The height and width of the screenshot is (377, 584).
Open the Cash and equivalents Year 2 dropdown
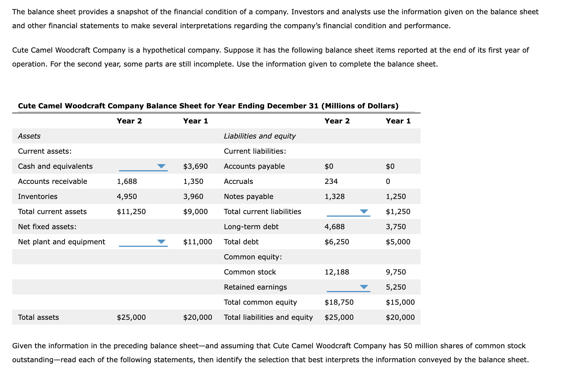pos(143,166)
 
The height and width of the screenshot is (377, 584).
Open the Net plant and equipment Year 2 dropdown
pos(143,242)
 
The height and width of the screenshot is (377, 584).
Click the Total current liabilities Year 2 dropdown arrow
pos(364,212)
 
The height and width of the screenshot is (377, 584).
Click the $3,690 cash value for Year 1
pos(195,166)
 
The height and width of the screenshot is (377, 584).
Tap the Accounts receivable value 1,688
pos(127,182)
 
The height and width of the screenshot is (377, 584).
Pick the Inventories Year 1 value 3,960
pos(193,197)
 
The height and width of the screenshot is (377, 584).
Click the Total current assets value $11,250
pos(131,212)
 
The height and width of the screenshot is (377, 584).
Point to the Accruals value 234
pos(331,182)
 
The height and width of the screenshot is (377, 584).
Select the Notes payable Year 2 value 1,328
pos(334,197)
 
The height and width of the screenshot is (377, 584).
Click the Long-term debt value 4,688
pos(334,227)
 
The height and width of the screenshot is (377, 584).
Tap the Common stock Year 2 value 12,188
pos(337,272)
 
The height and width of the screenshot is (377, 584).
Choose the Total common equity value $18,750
pos(339,302)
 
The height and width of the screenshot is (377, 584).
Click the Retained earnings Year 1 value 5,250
pos(396,287)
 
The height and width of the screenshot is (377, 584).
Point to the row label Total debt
pos(241,242)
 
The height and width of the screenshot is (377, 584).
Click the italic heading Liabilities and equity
pos(259,136)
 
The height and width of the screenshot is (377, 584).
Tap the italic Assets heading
pos(29,136)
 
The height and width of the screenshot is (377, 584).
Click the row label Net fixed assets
pos(47,227)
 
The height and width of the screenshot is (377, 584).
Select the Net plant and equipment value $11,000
pos(197,242)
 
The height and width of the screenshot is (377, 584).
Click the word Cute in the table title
pos(27,106)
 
